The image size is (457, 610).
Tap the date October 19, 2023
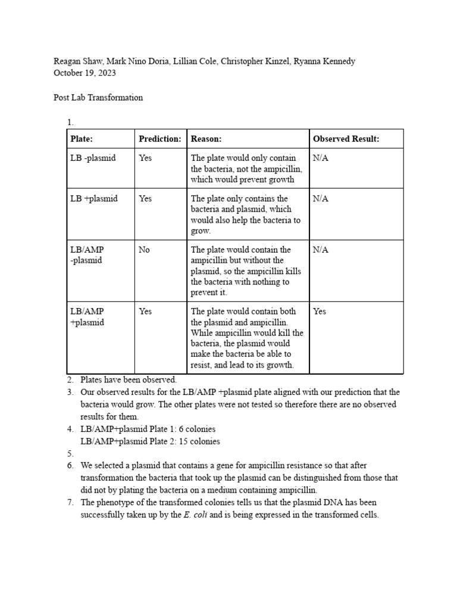click(x=84, y=73)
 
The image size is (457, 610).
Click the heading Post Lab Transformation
click(x=98, y=97)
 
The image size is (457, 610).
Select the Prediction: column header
click(x=159, y=139)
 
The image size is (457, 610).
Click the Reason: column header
click(x=206, y=139)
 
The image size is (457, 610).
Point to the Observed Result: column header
click(x=346, y=139)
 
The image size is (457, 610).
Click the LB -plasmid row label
click(x=93, y=158)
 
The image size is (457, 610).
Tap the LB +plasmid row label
click(x=94, y=199)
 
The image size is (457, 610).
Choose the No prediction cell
click(x=144, y=250)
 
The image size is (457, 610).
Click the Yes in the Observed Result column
click(x=320, y=312)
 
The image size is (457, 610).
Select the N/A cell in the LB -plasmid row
click(x=321, y=158)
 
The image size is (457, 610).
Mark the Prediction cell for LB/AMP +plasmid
click(x=145, y=312)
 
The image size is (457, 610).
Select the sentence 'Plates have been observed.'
click(x=129, y=379)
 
